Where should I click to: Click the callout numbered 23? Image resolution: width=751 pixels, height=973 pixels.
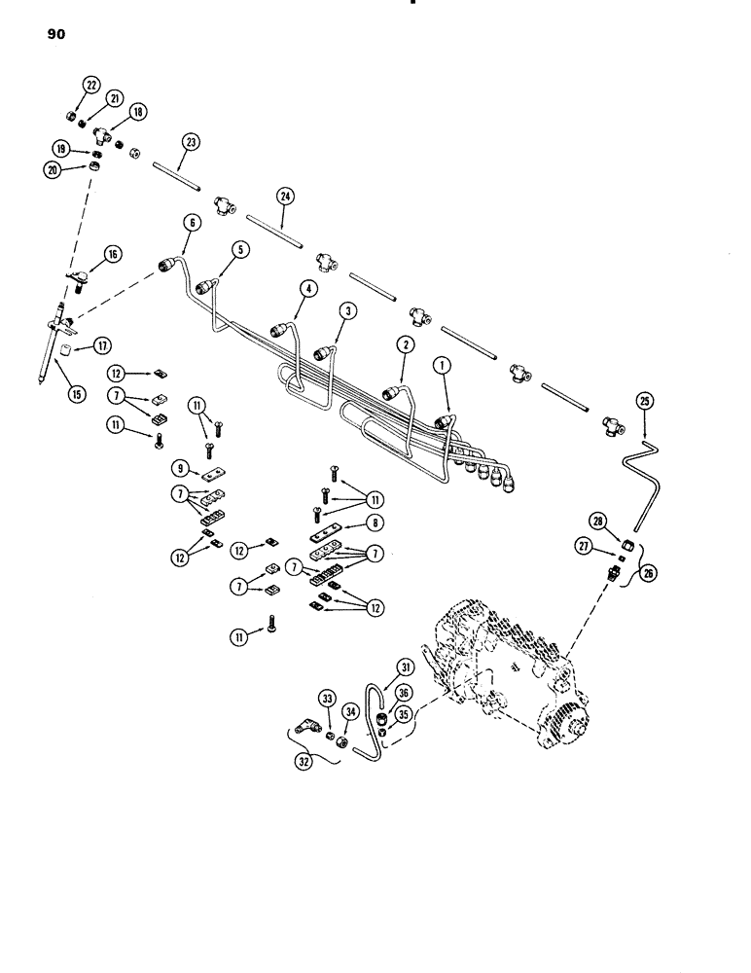[190, 142]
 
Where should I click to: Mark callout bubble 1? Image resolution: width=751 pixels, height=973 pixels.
[443, 368]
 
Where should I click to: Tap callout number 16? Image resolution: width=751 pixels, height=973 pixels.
[114, 254]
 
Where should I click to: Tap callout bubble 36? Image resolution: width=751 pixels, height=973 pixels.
[404, 692]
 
